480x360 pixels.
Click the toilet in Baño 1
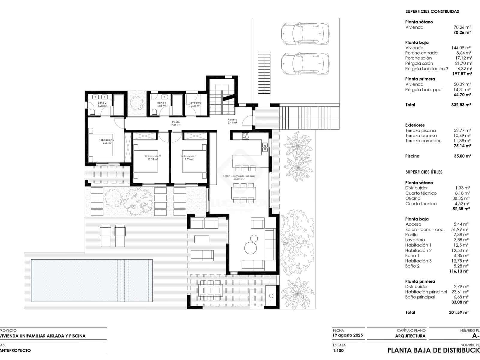154,112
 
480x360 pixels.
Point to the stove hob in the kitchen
246,136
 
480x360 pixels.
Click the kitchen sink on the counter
265,147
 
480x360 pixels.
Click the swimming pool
91,280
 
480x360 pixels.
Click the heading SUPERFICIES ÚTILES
424,172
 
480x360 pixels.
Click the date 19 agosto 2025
347,335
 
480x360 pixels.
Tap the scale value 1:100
338,350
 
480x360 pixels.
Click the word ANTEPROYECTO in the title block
15,350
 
